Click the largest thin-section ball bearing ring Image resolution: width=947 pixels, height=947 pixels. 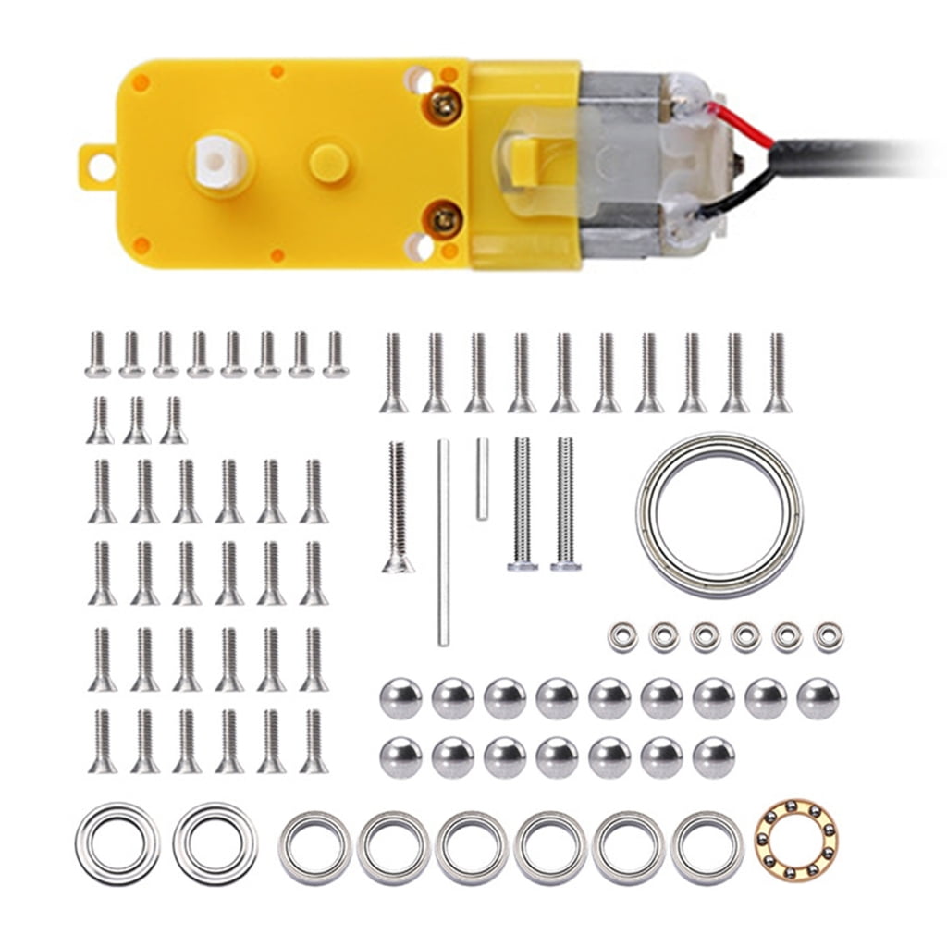tap(719, 514)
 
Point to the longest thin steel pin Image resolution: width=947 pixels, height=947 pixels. tap(444, 542)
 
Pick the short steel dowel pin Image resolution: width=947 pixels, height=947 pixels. tap(482, 477)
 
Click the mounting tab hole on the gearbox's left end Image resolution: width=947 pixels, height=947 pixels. tap(99, 167)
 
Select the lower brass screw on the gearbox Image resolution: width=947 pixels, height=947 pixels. tap(444, 219)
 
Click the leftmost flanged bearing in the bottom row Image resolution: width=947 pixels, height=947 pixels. tap(117, 842)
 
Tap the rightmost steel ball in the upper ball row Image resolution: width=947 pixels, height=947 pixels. tap(818, 698)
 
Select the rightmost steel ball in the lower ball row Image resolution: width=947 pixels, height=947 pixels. tap(713, 756)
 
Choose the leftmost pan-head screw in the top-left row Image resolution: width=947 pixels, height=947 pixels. tap(98, 355)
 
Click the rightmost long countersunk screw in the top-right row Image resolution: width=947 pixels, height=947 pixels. tap(777, 373)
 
